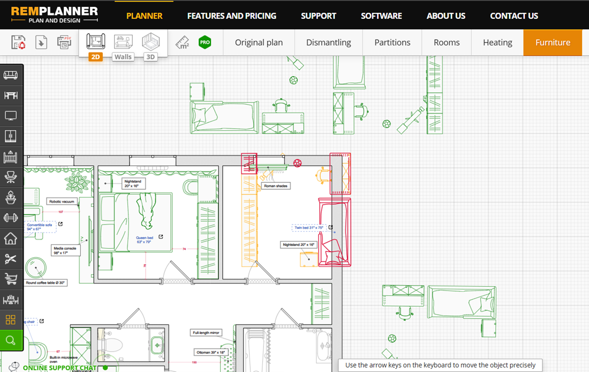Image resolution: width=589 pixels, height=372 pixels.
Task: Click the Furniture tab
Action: pyautogui.click(x=553, y=42)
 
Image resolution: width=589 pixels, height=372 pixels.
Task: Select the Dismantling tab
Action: pyautogui.click(x=328, y=42)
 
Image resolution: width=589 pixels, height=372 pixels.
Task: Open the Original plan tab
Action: pyautogui.click(x=259, y=42)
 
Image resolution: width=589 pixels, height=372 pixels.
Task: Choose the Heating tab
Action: pyautogui.click(x=497, y=42)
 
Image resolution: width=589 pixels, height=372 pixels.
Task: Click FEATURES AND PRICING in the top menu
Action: pyautogui.click(x=231, y=16)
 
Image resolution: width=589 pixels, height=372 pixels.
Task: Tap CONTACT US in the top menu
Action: pyautogui.click(x=514, y=16)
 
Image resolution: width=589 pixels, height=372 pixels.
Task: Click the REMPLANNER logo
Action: pyautogui.click(x=55, y=14)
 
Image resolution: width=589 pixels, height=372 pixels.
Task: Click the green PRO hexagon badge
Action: pyautogui.click(x=205, y=42)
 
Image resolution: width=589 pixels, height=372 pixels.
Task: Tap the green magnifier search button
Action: pyautogui.click(x=11, y=340)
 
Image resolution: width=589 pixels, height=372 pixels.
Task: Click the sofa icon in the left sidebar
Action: pyautogui.click(x=11, y=75)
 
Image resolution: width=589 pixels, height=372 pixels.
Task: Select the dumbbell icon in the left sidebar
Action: pyautogui.click(x=11, y=218)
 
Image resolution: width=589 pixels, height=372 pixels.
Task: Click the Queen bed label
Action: pyautogui.click(x=145, y=240)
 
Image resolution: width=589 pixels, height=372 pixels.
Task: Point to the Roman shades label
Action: pyautogui.click(x=275, y=186)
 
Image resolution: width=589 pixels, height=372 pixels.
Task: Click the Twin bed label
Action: pyautogui.click(x=309, y=228)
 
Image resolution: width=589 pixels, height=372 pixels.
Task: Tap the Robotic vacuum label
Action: pyautogui.click(x=62, y=202)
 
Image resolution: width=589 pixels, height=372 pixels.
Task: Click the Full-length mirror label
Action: pyautogui.click(x=206, y=333)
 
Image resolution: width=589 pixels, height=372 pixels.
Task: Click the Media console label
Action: pyautogui.click(x=65, y=250)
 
